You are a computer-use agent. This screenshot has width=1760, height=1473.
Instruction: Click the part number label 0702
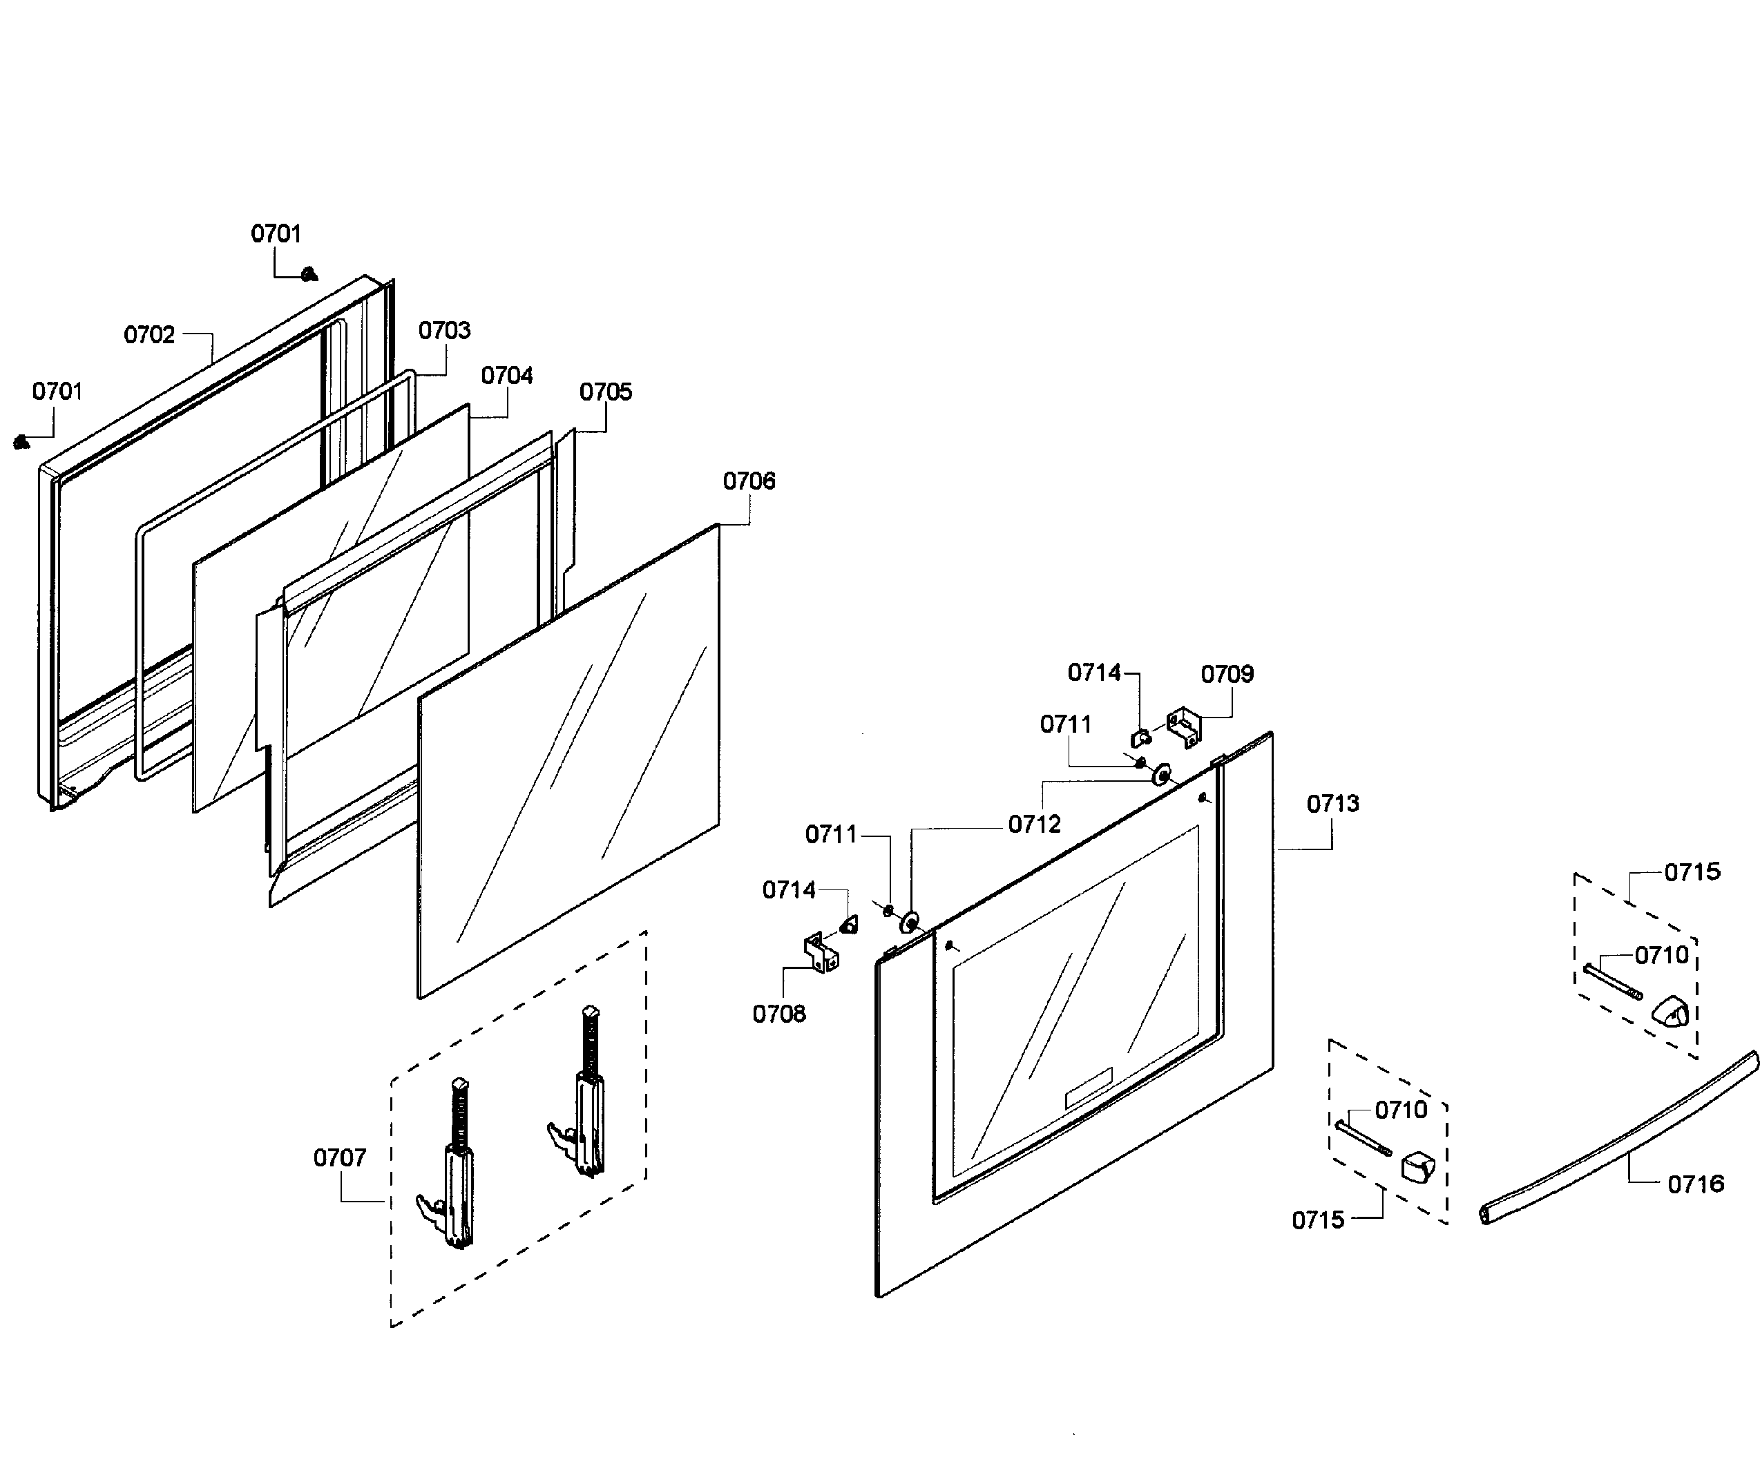click(149, 335)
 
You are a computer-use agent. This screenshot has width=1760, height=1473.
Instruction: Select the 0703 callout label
click(444, 330)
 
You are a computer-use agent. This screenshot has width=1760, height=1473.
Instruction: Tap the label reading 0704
click(507, 376)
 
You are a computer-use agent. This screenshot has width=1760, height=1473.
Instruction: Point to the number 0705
click(606, 392)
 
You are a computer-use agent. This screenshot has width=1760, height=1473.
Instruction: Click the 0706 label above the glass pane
click(749, 481)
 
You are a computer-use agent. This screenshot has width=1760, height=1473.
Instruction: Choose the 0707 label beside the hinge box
click(339, 1158)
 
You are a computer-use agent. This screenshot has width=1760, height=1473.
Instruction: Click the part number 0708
click(778, 1014)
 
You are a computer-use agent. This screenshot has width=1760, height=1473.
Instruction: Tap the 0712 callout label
click(1034, 825)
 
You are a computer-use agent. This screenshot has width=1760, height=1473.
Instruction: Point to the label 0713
click(1332, 805)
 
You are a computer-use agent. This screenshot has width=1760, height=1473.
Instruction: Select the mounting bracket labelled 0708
click(821, 953)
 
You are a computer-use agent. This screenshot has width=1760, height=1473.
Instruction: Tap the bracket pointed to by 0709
click(1184, 727)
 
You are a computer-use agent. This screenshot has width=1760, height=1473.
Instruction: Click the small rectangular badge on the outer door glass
click(1088, 1088)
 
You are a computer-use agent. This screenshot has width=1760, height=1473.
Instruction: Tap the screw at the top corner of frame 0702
click(309, 273)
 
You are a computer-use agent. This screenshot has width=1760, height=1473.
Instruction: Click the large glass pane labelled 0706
click(568, 761)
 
